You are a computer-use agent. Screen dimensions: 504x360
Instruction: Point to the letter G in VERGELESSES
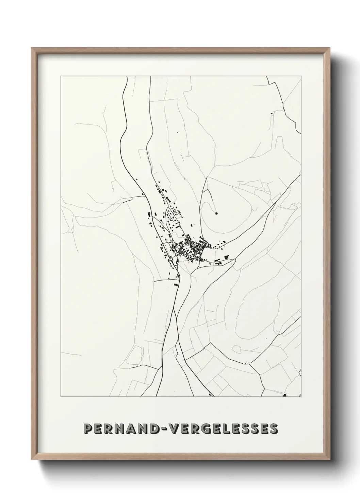coord(209,429)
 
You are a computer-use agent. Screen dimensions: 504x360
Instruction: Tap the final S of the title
coord(272,429)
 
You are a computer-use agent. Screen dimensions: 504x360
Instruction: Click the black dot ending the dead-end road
coord(216,214)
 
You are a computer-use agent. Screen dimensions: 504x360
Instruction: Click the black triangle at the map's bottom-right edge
coord(285,395)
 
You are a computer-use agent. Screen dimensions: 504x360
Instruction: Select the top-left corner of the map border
coord(61,76)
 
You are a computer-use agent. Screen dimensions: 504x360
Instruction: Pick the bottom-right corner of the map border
coord(301,397)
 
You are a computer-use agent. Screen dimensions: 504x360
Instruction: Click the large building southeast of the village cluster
coord(217,263)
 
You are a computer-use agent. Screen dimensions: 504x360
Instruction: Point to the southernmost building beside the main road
coord(176,282)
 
